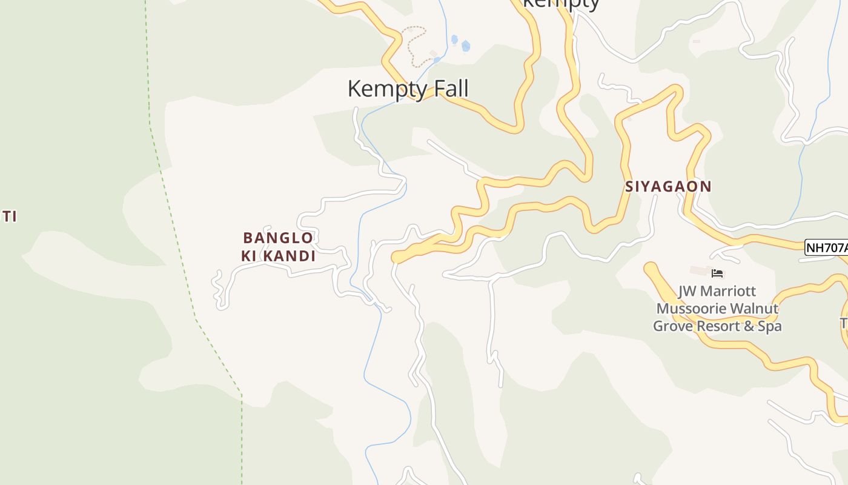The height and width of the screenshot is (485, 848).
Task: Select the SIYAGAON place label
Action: [x=668, y=187]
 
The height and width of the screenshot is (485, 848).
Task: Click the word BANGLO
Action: [x=278, y=238]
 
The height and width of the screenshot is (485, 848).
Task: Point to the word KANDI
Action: [x=288, y=256]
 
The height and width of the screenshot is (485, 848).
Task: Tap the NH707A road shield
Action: [x=826, y=247]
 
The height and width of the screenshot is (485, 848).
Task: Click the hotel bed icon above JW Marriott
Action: [x=718, y=273]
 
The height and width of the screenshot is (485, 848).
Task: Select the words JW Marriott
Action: [x=717, y=292]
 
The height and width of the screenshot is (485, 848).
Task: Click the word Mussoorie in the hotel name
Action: [x=692, y=309]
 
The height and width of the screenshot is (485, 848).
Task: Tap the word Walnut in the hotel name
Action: [x=755, y=309]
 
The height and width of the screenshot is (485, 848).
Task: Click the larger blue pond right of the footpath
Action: [x=465, y=46]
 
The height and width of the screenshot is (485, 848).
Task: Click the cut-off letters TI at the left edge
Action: [x=8, y=216]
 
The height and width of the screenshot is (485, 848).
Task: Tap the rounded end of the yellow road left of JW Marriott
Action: [x=651, y=269]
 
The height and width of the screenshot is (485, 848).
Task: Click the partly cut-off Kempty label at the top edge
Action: [x=560, y=4]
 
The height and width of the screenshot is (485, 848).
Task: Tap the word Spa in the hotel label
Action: [x=769, y=326]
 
